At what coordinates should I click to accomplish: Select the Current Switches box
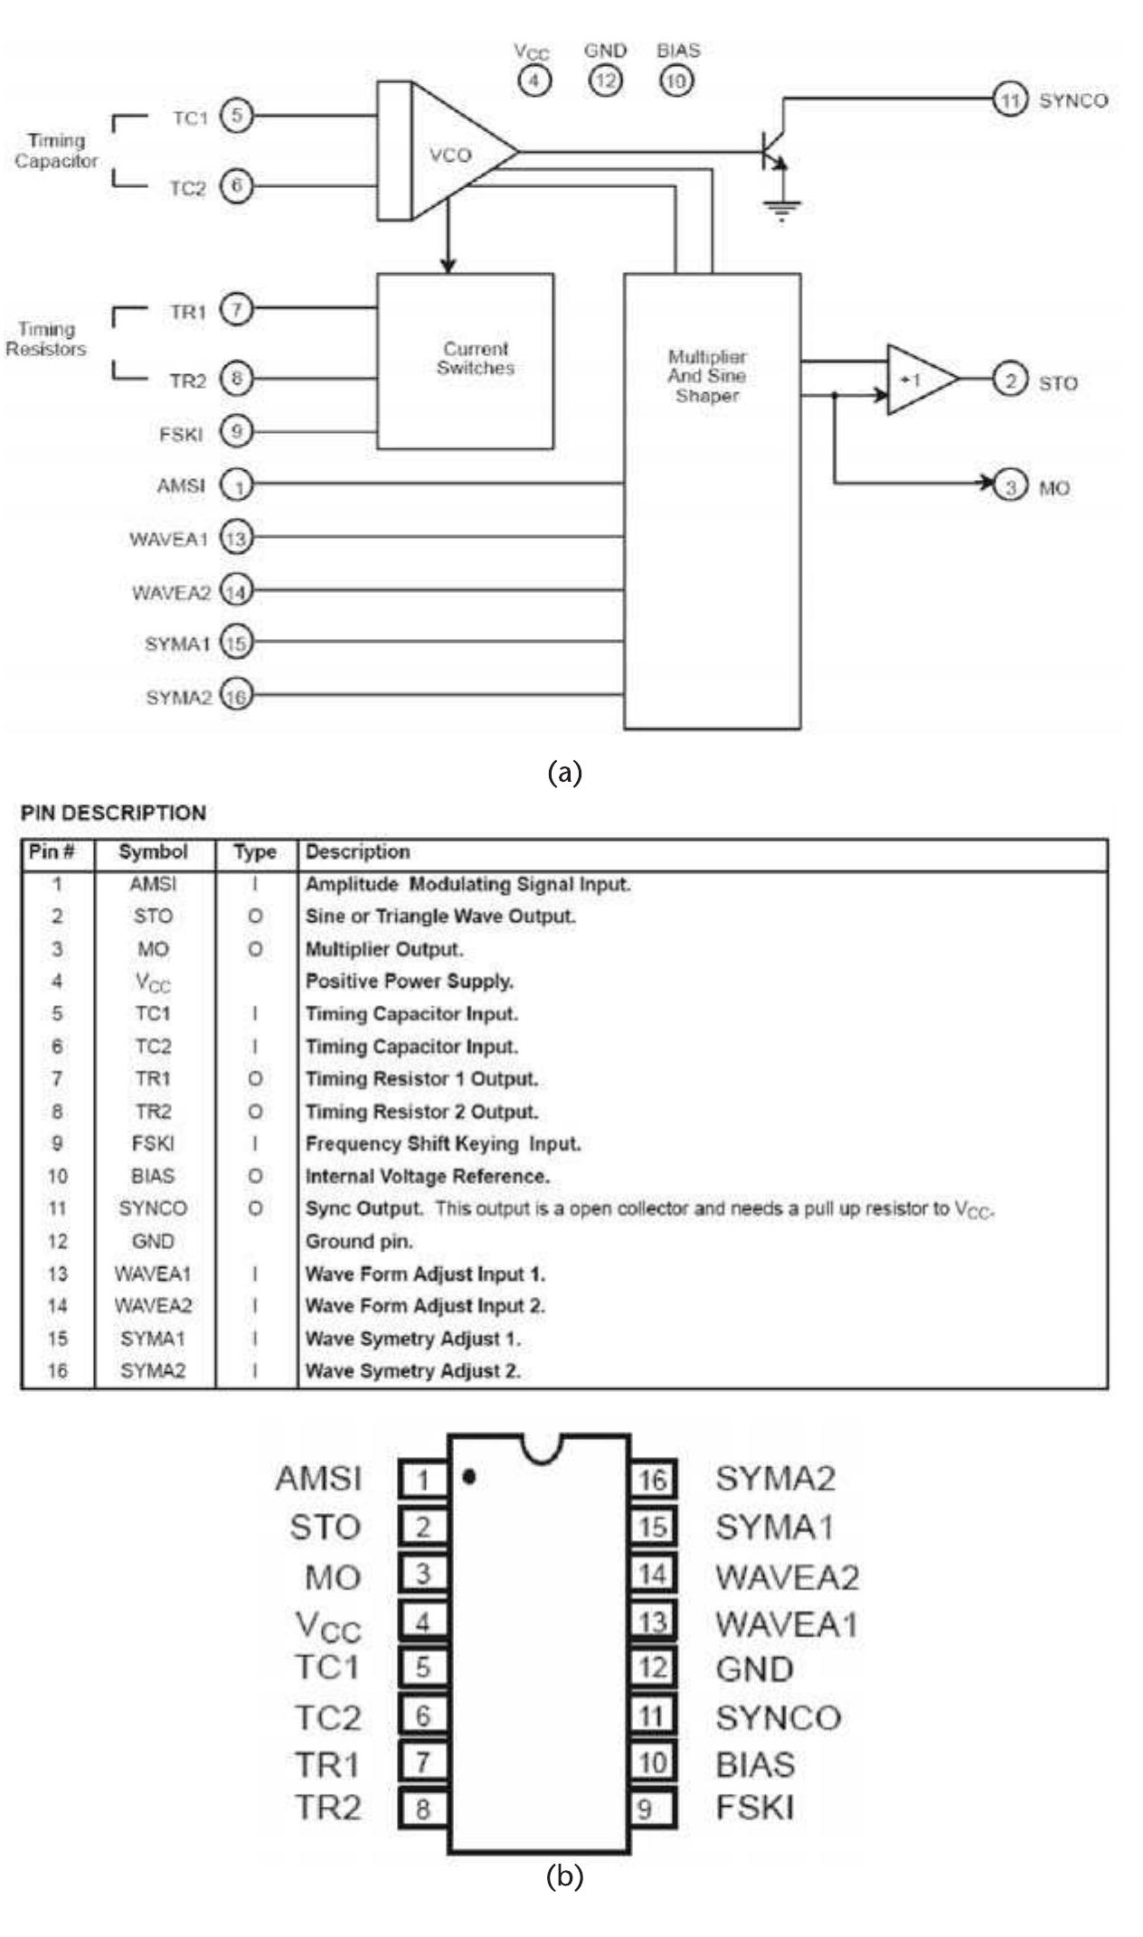465,361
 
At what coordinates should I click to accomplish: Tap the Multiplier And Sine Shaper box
712,501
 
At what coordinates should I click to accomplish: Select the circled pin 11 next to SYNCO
1009,99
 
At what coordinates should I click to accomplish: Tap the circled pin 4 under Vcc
534,80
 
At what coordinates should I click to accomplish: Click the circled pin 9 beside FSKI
237,432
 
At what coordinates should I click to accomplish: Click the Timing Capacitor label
56,151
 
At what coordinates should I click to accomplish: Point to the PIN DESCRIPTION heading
113,813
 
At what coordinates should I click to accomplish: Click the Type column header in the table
255,852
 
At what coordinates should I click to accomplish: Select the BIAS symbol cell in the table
153,1176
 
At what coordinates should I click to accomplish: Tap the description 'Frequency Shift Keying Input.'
443,1143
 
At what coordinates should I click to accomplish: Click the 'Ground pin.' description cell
359,1241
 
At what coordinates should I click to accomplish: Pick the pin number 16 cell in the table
57,1370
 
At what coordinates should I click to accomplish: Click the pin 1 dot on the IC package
468,1477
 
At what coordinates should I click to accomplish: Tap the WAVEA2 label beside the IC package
787,1577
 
